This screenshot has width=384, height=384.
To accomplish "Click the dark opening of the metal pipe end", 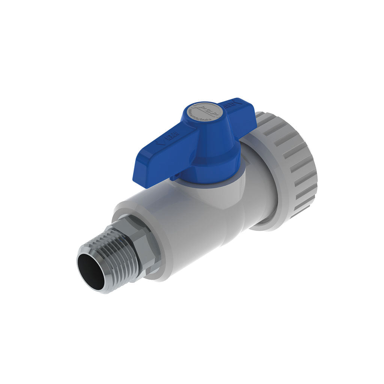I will (x=91, y=271).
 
